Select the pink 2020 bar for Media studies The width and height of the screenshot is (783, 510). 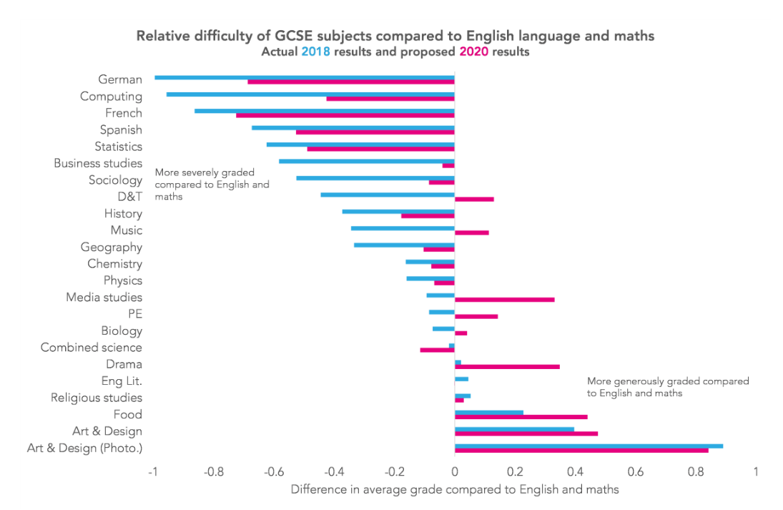pos(504,299)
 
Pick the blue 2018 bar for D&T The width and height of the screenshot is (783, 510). pos(387,195)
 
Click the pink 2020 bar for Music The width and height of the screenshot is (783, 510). pos(471,232)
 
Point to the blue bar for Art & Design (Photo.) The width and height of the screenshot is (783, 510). pos(589,446)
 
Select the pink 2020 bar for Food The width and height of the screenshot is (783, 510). pos(521,416)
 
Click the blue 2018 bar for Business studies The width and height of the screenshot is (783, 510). pos(366,161)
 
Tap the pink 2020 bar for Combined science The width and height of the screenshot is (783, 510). pos(437,350)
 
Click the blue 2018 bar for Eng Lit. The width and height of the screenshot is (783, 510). pos(461,378)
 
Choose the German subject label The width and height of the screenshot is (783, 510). pos(120,79)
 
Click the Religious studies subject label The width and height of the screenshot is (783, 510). pos(97,398)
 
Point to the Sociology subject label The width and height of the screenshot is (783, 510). pos(115,180)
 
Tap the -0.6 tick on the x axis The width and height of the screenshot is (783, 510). pos(274,472)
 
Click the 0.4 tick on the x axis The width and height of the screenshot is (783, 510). pos(575,472)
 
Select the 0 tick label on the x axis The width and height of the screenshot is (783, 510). pos(455,472)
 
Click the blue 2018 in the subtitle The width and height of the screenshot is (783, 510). pos(315,52)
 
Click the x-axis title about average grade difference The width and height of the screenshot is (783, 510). pos(455,490)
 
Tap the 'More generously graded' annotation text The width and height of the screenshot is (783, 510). pos(668,387)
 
